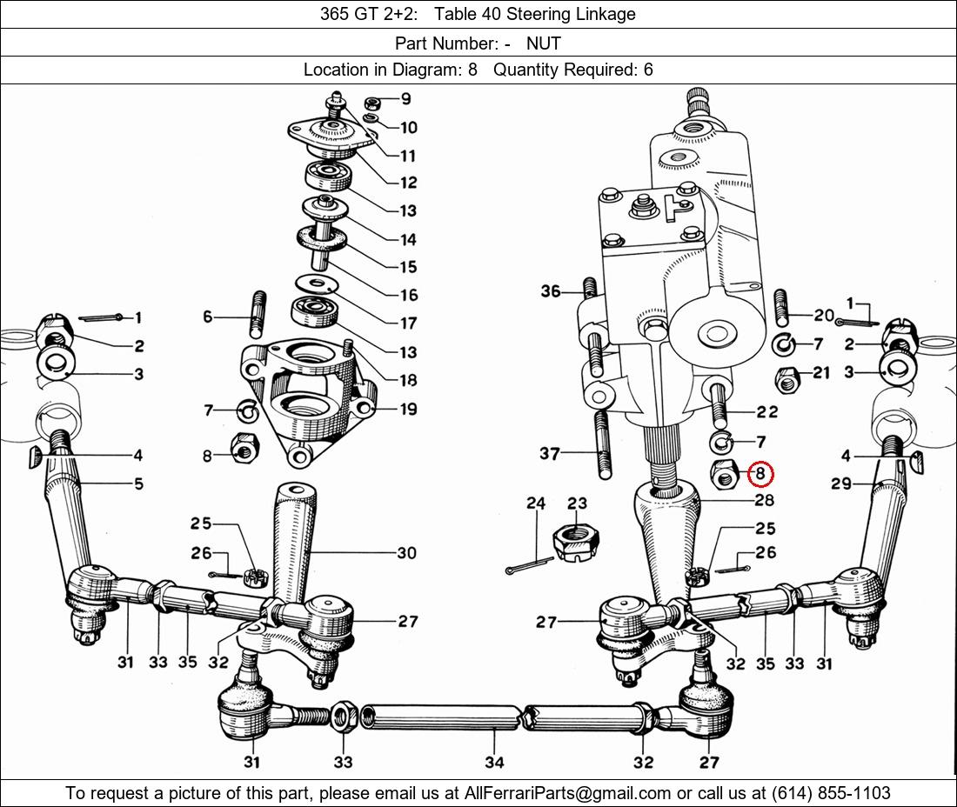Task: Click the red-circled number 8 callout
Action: click(760, 474)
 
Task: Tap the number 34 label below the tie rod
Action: click(494, 762)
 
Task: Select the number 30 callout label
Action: click(406, 553)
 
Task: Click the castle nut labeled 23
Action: click(575, 542)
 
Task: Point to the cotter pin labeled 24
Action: click(529, 565)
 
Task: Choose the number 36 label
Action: click(551, 291)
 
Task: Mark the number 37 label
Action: click(549, 453)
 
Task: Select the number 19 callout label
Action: click(408, 409)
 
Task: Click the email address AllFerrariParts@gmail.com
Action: click(568, 793)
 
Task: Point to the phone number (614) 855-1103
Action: click(831, 793)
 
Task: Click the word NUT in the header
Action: click(543, 43)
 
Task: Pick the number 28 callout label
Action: click(764, 500)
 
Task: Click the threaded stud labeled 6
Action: click(258, 315)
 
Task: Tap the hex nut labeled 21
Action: click(787, 381)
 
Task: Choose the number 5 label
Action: click(138, 484)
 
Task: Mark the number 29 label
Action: click(841, 484)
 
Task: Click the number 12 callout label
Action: click(408, 183)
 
